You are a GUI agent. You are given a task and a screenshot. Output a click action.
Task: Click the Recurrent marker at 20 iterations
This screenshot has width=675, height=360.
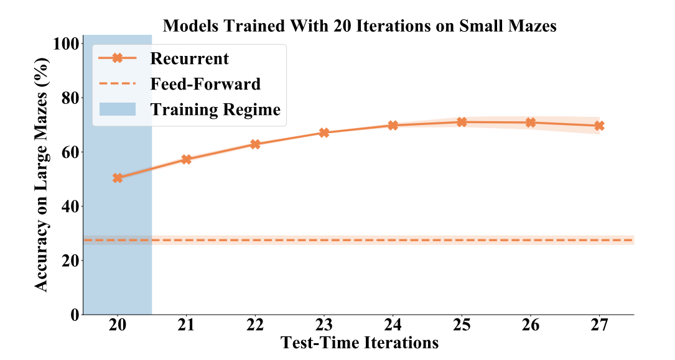point(118,178)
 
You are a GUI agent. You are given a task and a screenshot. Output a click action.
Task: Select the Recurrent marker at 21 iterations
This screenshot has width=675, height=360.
point(186,160)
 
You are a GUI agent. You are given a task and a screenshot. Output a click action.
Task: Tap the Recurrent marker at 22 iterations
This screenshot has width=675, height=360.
point(255,144)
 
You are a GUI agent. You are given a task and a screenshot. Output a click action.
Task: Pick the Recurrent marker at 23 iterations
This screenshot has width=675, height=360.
point(324,132)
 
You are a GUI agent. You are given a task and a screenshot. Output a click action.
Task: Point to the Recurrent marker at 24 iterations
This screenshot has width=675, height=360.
point(393,125)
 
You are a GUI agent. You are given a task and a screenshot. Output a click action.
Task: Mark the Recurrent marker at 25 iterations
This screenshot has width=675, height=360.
point(462,122)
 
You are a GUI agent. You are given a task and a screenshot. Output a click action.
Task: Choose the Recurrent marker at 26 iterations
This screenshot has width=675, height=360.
point(530,122)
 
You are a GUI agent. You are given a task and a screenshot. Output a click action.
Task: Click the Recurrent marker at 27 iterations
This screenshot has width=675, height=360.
point(599,126)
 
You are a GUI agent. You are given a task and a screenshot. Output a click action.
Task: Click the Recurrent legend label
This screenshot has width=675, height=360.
point(189,58)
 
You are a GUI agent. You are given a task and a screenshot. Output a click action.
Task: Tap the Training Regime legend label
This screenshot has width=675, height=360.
point(215,110)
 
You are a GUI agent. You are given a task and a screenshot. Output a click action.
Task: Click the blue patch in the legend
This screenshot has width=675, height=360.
point(118,109)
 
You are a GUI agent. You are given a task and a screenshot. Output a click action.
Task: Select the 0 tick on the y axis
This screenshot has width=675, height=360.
point(75,315)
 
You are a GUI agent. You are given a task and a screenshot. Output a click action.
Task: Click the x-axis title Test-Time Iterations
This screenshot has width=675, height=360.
point(360,343)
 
